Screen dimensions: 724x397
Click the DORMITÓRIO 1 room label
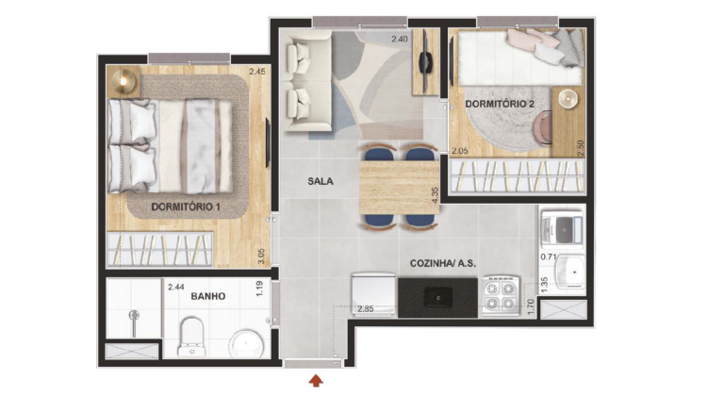click(186, 207)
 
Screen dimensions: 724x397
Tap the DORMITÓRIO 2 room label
click(500, 104)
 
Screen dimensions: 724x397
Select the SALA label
click(321, 181)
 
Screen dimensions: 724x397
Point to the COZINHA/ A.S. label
click(443, 264)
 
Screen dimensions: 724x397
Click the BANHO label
click(208, 296)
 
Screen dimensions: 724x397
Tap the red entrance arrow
click(316, 380)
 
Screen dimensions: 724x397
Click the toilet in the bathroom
click(191, 336)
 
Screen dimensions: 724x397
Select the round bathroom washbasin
click(246, 344)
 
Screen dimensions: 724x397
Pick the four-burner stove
click(501, 296)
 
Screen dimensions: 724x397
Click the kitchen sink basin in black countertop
click(438, 296)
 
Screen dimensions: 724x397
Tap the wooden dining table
click(399, 187)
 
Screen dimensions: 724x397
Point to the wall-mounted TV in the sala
click(425, 61)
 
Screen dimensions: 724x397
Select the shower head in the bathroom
click(134, 316)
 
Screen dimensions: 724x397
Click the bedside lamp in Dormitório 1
click(123, 81)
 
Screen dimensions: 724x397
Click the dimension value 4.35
click(435, 195)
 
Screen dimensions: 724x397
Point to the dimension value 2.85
click(366, 308)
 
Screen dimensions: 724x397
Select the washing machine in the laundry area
click(563, 227)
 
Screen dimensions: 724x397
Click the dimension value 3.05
click(261, 256)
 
